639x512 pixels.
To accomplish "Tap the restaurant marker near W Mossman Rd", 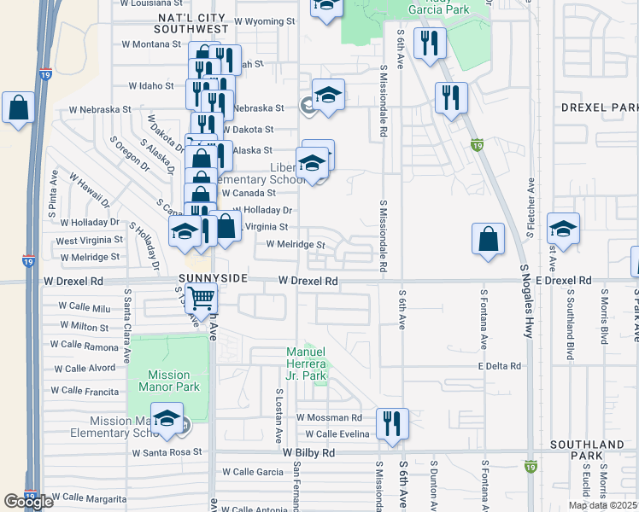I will pos(392,422).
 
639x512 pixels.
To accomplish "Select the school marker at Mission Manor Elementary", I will pos(167,419).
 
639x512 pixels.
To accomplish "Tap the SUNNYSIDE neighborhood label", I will pos(214,279).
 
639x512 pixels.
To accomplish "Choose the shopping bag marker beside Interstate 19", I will pos(18,108).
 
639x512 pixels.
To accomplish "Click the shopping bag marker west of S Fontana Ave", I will pos(487,239).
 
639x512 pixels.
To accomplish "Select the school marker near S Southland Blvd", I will pos(564,229).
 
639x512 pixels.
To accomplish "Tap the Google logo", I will pos(28,502).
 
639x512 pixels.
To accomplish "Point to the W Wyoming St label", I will pos(264,20).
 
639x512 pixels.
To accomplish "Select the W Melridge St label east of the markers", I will pos(296,245).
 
